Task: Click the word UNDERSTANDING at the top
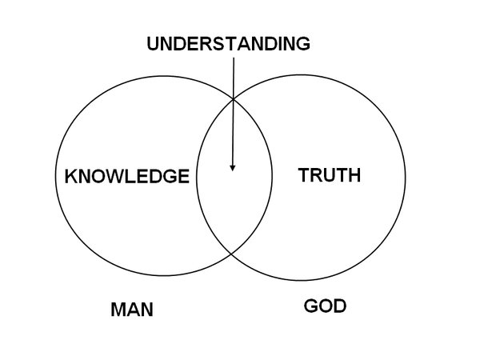coord(228,44)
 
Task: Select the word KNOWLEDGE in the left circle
coord(127,176)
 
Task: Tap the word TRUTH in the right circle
coord(329,174)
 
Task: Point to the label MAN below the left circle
coord(131,310)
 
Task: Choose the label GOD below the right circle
coord(325,306)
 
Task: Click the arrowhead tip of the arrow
coord(233,170)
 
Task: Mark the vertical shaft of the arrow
coord(233,112)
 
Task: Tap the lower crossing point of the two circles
coord(232,253)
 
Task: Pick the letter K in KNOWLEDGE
coord(70,176)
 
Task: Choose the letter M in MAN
coord(118,310)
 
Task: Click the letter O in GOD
coord(325,306)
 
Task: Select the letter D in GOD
coord(339,306)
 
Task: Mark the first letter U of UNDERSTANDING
coord(153,44)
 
